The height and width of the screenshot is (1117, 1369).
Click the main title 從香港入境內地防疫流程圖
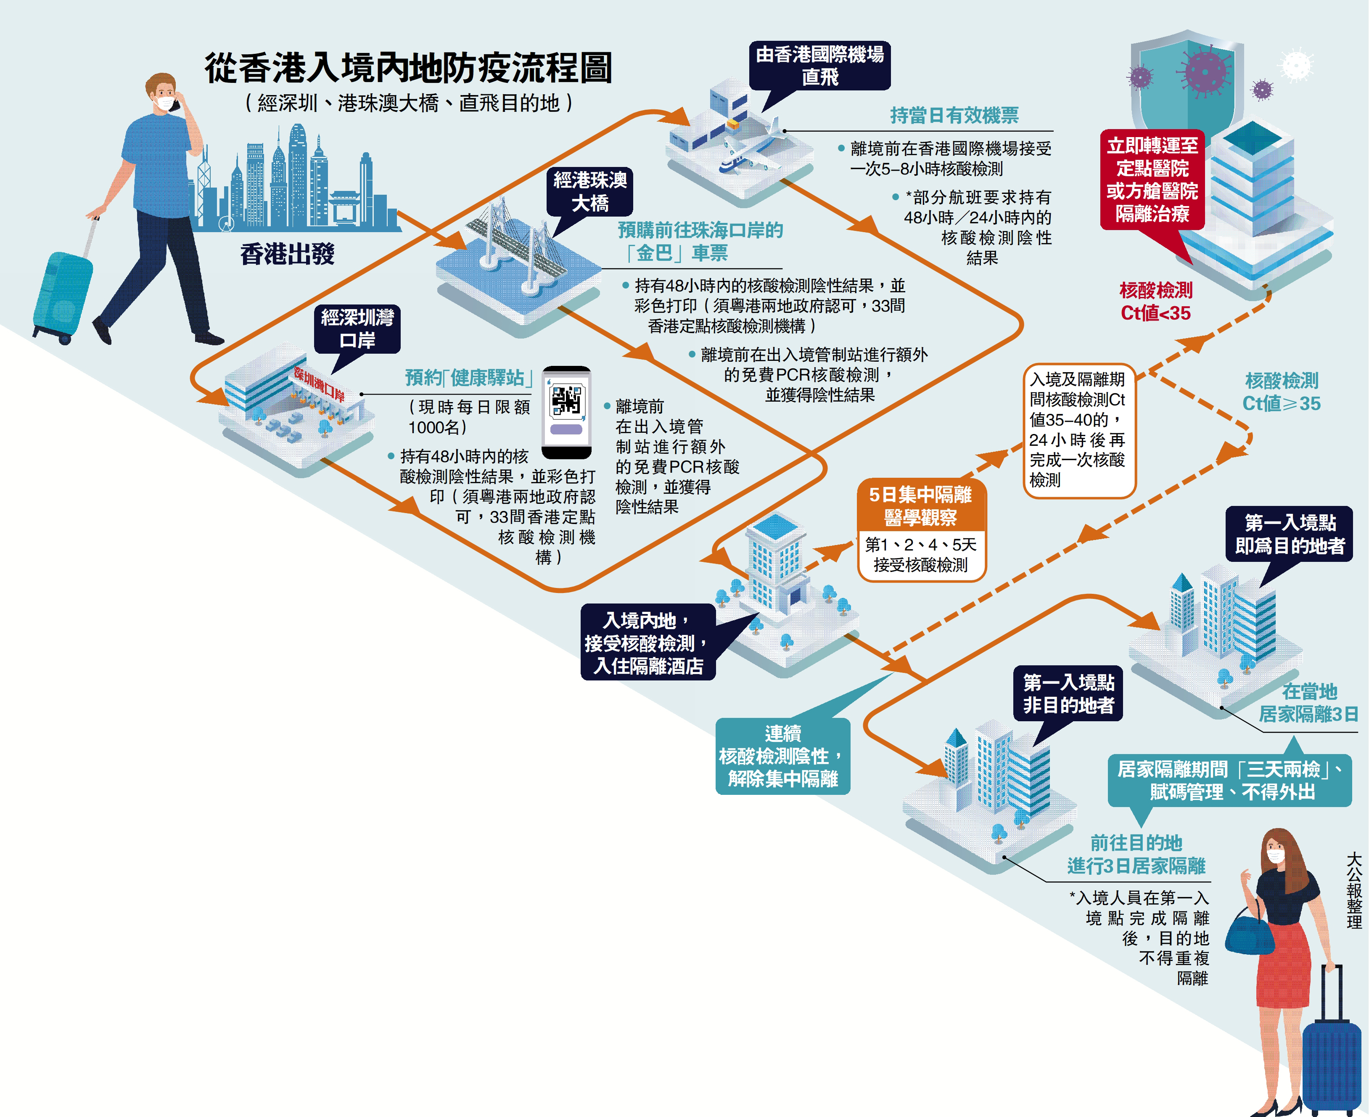[x=408, y=68]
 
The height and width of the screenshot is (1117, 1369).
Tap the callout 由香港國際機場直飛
[x=819, y=66]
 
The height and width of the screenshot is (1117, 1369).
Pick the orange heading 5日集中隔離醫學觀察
[x=921, y=506]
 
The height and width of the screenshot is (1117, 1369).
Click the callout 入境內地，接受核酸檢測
[x=648, y=643]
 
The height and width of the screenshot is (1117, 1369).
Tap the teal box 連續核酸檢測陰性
[x=782, y=756]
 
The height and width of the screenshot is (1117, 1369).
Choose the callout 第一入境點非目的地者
[x=1068, y=693]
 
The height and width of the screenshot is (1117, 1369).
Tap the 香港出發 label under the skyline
[x=288, y=254]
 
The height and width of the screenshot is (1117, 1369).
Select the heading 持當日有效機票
[x=954, y=116]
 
